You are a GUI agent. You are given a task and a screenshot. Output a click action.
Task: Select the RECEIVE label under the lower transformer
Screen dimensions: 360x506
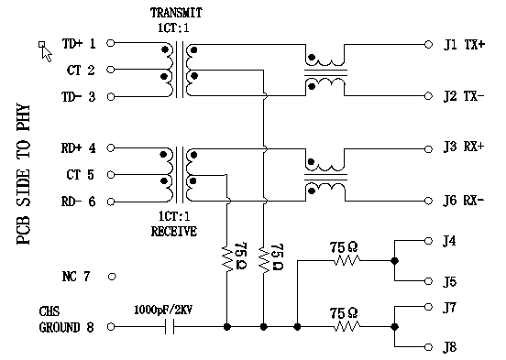coord(174,232)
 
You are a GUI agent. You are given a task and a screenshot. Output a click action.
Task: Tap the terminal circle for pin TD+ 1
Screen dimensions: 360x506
coord(113,43)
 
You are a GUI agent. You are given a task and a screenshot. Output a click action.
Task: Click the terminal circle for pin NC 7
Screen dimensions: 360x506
coord(113,275)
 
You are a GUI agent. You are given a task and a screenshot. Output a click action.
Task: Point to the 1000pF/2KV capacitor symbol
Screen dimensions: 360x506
coord(168,326)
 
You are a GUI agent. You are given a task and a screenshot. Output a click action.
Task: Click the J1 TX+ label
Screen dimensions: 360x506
coord(464,43)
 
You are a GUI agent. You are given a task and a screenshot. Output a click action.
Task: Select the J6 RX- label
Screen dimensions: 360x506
coord(464,201)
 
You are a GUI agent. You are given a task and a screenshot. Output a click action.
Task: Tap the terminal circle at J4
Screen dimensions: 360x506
coord(428,241)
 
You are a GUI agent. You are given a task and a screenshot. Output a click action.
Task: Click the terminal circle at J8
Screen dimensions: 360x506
coord(428,346)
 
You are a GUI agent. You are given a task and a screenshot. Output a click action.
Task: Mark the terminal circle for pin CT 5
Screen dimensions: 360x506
coord(113,174)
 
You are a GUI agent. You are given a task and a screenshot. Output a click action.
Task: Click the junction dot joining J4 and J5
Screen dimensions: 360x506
coord(394,260)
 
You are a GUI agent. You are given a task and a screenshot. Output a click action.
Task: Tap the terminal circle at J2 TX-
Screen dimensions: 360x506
coord(428,95)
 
